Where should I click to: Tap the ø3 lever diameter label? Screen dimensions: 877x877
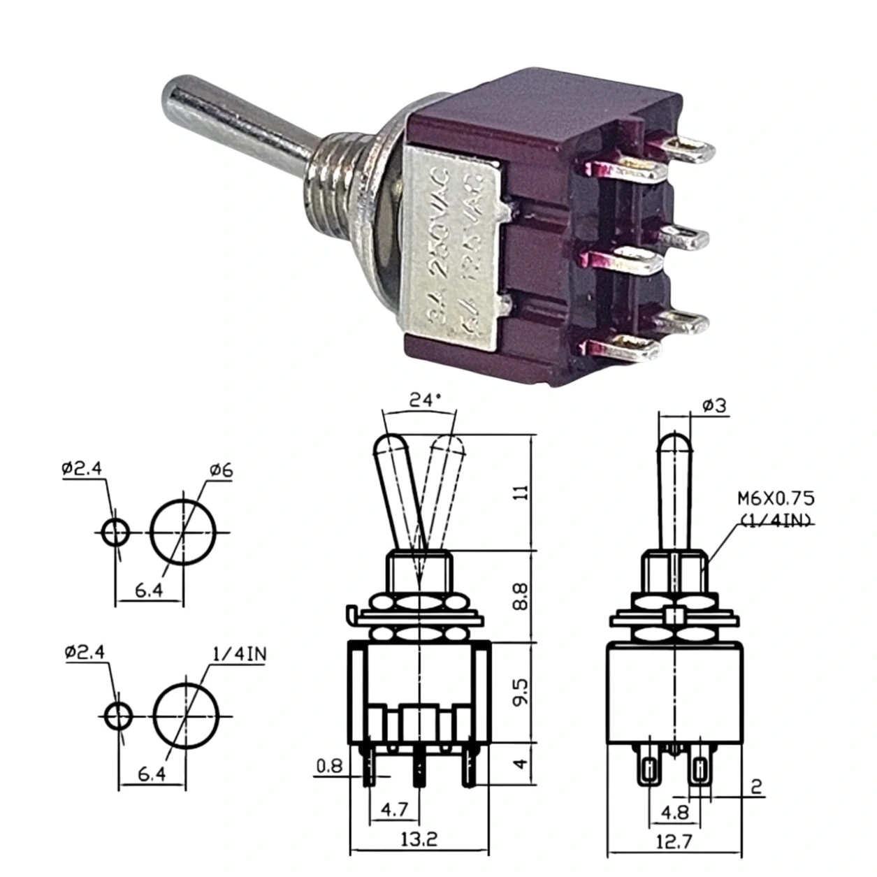pyautogui.click(x=713, y=406)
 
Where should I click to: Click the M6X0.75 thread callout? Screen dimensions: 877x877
pyautogui.click(x=776, y=499)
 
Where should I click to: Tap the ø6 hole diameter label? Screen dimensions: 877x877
pyautogui.click(x=221, y=470)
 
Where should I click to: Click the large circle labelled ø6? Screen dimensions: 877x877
pyautogui.click(x=183, y=532)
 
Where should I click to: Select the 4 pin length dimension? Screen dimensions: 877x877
pyautogui.click(x=519, y=764)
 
